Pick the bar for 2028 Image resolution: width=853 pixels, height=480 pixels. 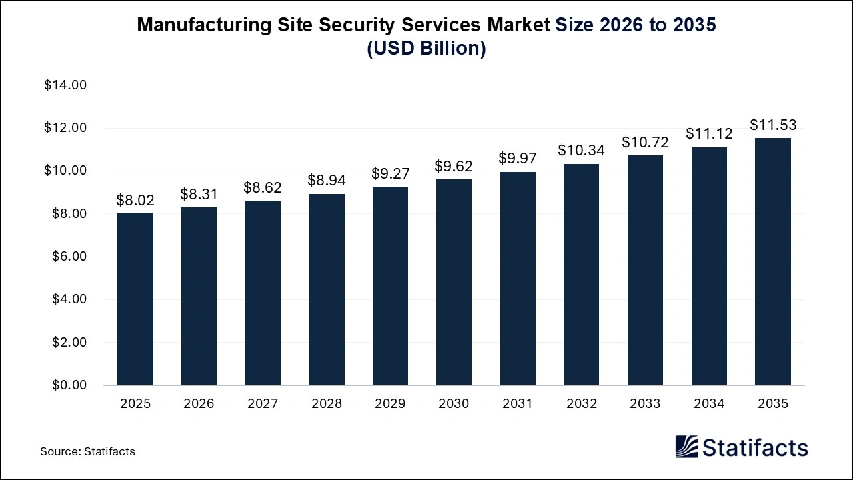click(x=327, y=289)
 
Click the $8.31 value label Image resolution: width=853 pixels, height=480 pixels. click(x=199, y=194)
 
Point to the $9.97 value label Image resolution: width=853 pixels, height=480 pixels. click(x=518, y=159)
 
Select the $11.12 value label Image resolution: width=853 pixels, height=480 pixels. click(x=709, y=134)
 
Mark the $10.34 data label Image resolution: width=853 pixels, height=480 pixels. click(x=581, y=151)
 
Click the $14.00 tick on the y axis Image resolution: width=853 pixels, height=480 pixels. click(x=65, y=85)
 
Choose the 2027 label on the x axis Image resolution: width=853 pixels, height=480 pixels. click(x=263, y=404)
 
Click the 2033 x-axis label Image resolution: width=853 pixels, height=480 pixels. click(x=645, y=404)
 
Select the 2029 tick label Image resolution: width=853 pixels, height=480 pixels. click(x=390, y=404)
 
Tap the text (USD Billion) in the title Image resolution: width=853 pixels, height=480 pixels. click(x=426, y=49)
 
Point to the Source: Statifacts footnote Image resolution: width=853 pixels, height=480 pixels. click(x=87, y=451)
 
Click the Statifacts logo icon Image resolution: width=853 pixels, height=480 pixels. click(x=686, y=447)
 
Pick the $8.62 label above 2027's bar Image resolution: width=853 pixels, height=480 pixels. click(x=263, y=187)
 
